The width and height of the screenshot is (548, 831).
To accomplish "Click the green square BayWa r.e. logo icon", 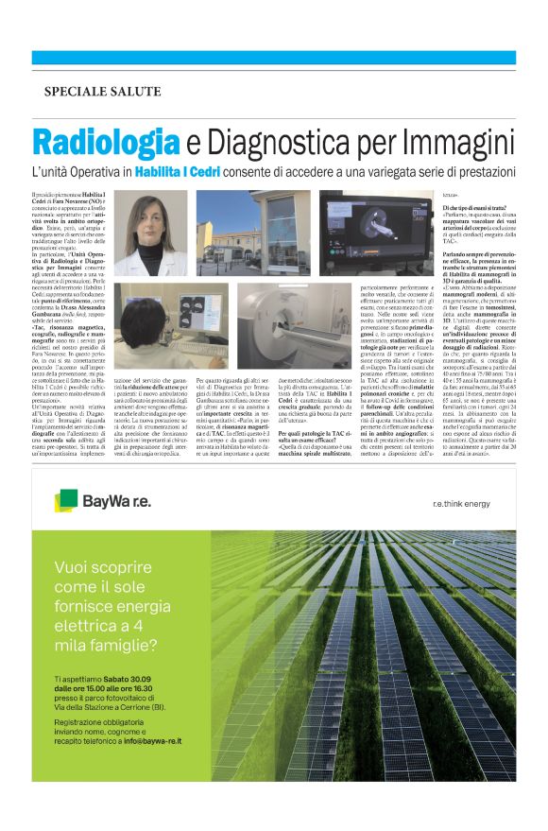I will [x=66, y=498].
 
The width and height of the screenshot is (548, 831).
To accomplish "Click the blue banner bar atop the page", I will [x=274, y=57].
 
